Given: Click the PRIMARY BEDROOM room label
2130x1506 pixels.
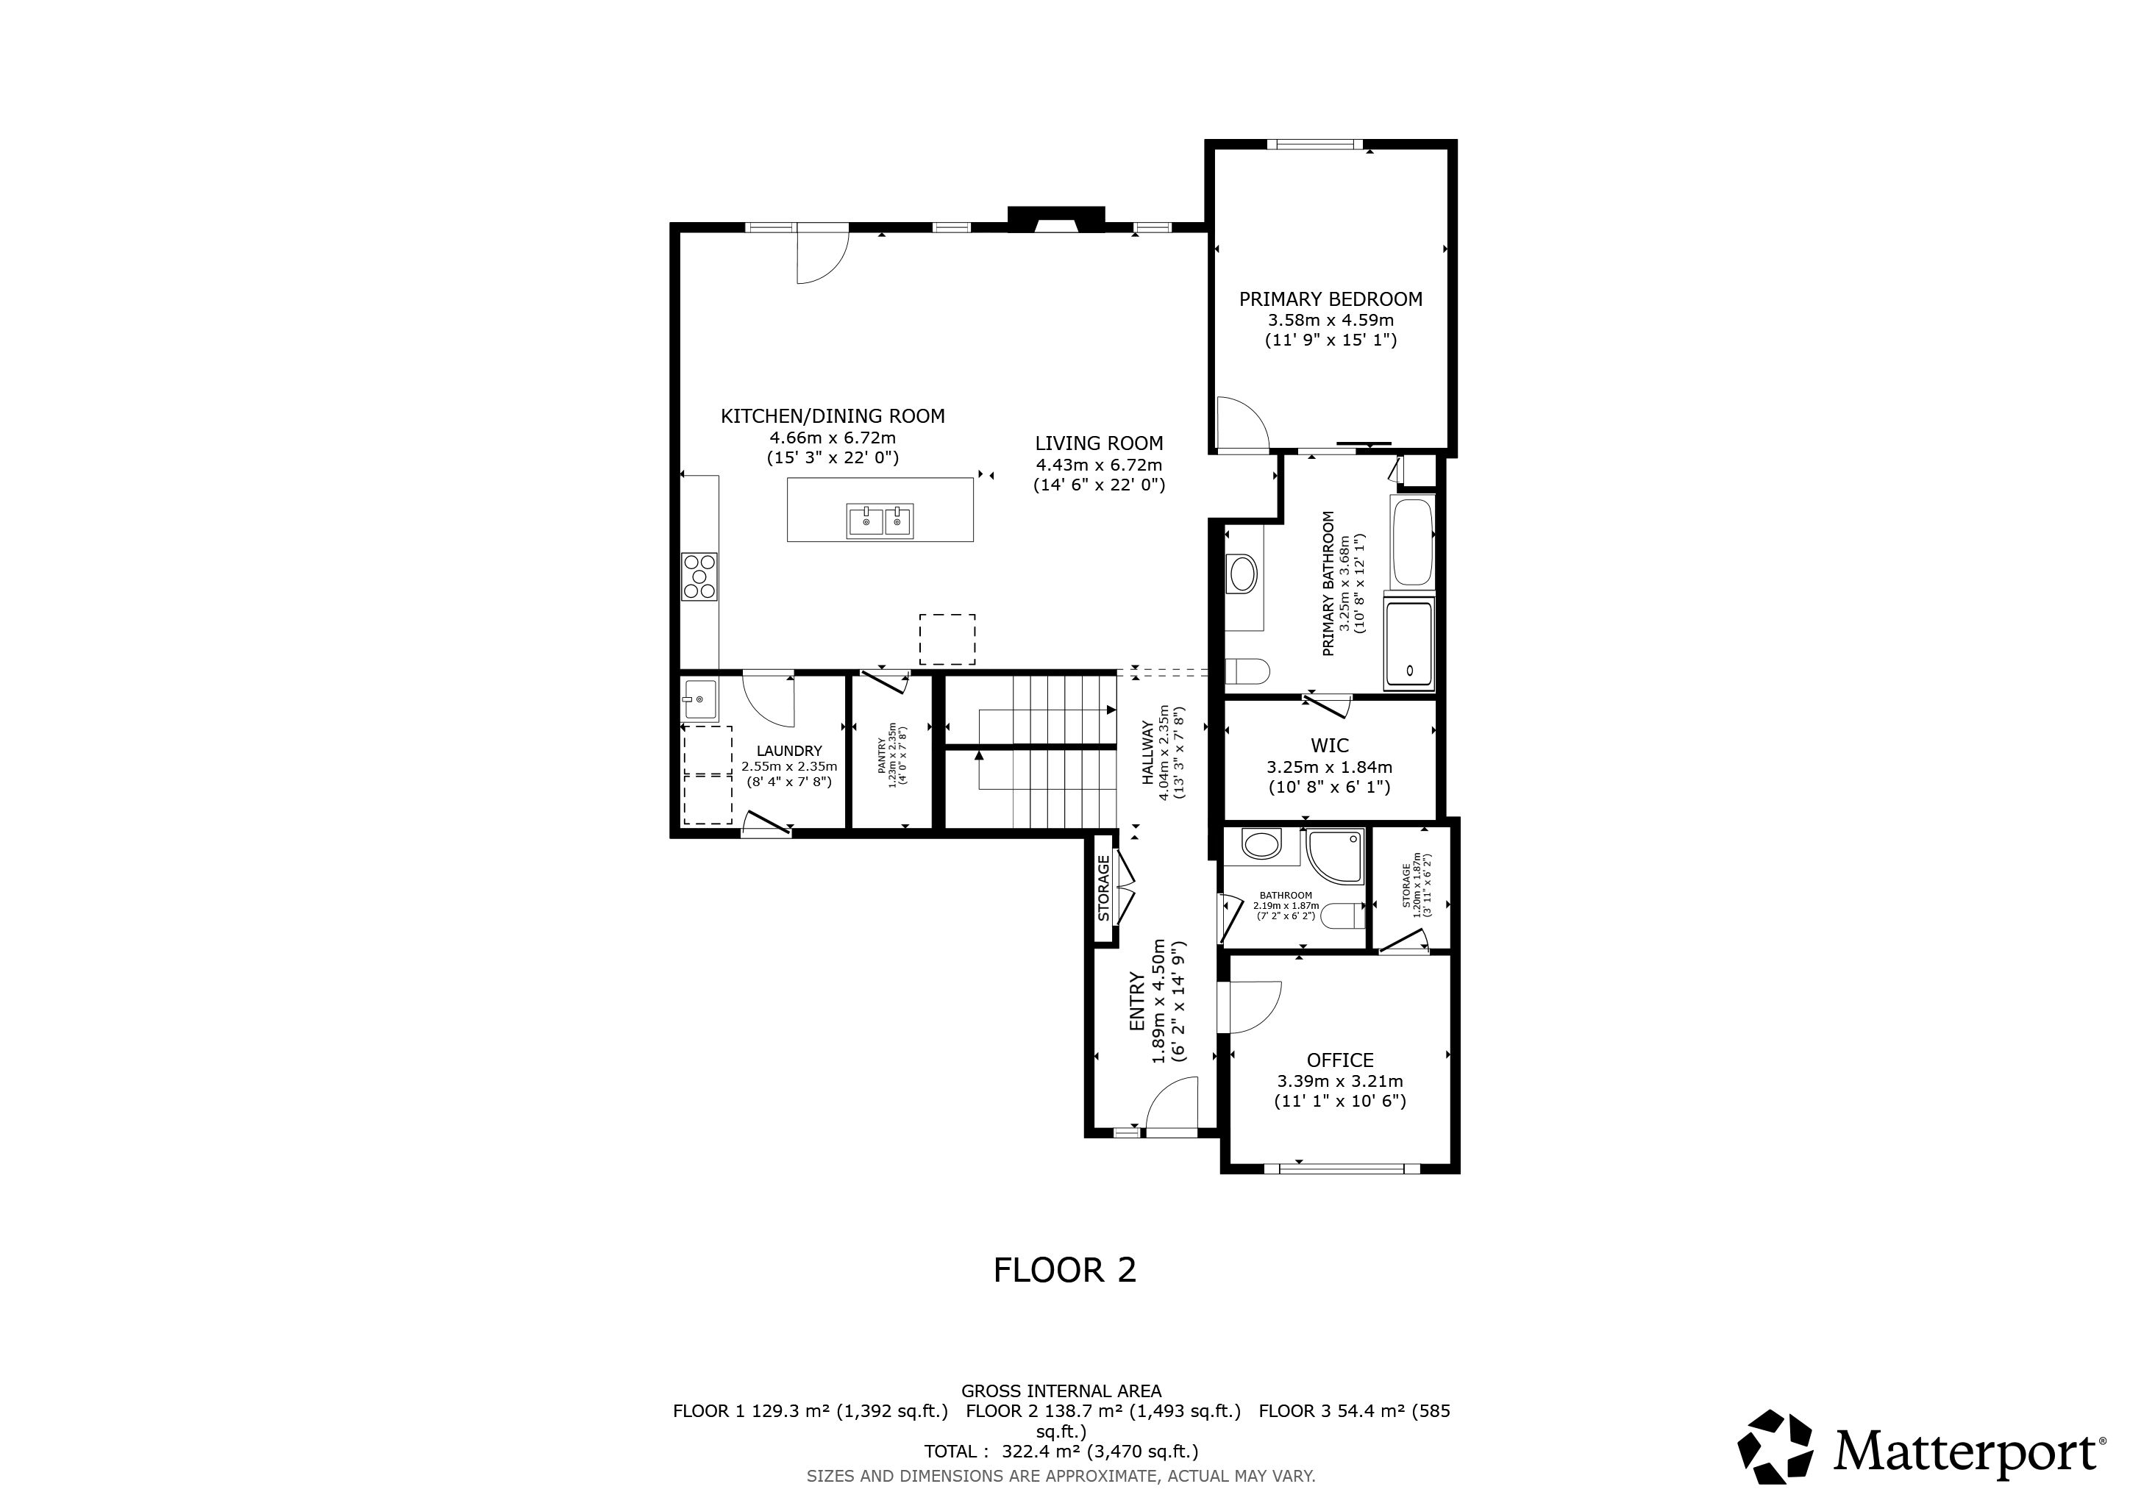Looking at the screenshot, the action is click(x=1331, y=299).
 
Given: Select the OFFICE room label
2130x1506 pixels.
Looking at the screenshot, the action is click(x=1339, y=1060).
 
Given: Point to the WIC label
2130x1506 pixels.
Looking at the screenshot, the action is click(x=1329, y=746).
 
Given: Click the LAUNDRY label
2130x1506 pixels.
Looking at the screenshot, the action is click(x=788, y=751).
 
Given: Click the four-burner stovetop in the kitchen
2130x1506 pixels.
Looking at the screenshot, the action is click(x=699, y=576).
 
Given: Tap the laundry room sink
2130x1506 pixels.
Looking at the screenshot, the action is click(x=699, y=699).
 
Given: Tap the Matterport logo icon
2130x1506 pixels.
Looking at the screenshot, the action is click(x=1775, y=1449).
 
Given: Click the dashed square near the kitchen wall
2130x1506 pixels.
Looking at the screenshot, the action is click(x=947, y=639).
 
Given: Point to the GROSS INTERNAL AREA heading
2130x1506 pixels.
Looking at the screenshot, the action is click(x=1061, y=1391).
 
